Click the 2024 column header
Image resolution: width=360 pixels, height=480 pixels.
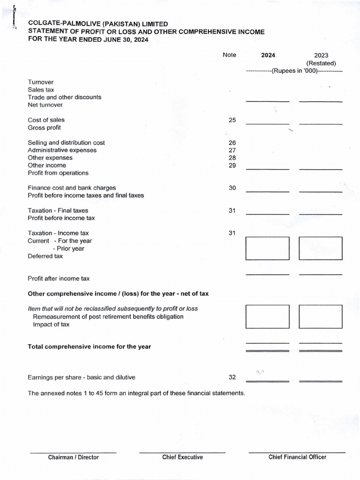[268, 55]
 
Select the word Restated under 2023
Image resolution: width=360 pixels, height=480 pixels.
[321, 63]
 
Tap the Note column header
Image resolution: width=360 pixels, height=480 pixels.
[230, 55]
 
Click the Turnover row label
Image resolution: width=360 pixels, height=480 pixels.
[41, 82]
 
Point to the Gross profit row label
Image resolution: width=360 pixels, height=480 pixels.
[44, 127]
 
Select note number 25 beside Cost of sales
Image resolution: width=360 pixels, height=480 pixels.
[232, 120]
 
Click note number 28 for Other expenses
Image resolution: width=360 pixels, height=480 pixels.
[232, 158]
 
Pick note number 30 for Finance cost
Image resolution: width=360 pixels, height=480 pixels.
[232, 188]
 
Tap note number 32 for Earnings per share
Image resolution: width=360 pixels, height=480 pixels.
[232, 377]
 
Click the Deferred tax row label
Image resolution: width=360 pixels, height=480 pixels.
[45, 256]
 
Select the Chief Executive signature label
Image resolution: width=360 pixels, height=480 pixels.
[182, 457]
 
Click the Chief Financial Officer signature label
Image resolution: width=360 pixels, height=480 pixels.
[297, 457]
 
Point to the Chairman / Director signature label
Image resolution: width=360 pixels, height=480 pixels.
[74, 457]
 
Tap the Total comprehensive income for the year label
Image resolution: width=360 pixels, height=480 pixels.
[89, 346]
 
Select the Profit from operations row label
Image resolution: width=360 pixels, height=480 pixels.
[58, 173]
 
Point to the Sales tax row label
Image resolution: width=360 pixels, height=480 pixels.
[41, 90]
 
